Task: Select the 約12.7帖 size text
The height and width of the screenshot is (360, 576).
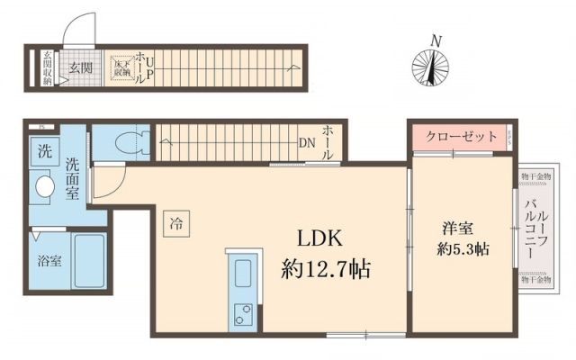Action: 325,268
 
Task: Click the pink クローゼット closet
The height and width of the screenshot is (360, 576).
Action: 461,137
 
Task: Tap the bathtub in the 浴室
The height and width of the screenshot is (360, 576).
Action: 89,261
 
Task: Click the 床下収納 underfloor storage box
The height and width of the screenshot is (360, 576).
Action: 121,67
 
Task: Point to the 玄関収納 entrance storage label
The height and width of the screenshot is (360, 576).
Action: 47,67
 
